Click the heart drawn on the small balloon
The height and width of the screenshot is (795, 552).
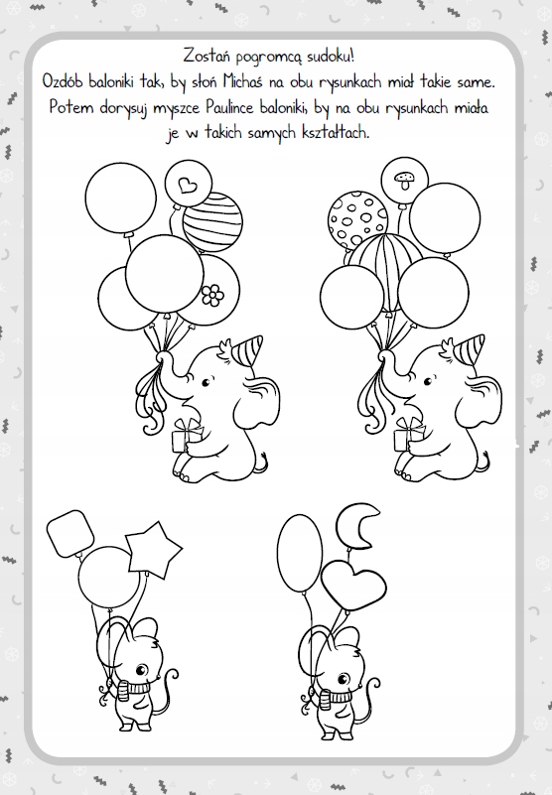[x=188, y=185]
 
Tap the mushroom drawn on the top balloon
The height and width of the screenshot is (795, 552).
[x=404, y=180]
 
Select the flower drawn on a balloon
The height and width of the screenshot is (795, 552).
[x=212, y=295]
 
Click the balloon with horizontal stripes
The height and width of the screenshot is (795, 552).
[x=212, y=222]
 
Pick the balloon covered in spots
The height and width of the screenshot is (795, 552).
[x=357, y=220]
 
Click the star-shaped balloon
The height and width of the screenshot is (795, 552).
[x=153, y=550]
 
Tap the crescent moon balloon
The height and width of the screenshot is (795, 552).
[x=357, y=526]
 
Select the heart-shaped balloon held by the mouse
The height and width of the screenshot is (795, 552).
[x=353, y=585]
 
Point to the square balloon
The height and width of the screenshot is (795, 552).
[x=70, y=533]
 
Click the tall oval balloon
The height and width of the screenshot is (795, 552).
[x=300, y=553]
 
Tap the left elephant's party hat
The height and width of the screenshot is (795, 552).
[x=248, y=348]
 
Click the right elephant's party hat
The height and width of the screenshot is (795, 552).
[x=470, y=348]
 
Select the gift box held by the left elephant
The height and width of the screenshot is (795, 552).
[x=187, y=436]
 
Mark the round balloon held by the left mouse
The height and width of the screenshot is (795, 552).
[x=109, y=577]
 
